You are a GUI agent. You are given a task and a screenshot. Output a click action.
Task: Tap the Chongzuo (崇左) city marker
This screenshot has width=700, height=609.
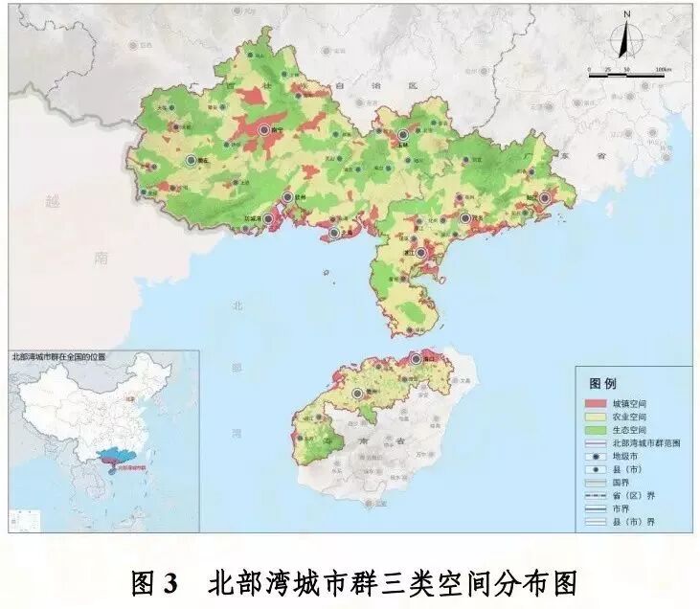pos(192,160)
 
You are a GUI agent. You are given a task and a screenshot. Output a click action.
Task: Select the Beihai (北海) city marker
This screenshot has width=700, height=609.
pos(333,232)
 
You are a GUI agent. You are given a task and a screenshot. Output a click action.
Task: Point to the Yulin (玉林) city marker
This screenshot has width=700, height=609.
pos(403,135)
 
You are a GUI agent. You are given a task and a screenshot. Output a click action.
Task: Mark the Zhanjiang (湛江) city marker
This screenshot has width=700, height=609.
pos(420,254)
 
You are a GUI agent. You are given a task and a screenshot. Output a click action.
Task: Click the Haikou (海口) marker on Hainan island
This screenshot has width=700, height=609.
pos(416,358)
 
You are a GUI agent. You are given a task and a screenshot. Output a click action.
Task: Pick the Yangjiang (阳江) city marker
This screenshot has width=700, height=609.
pos(544,198)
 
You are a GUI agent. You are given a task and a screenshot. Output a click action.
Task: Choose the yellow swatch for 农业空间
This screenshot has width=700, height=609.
pos(595,417)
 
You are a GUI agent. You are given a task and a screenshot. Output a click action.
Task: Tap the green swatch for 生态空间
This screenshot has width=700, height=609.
pos(595,430)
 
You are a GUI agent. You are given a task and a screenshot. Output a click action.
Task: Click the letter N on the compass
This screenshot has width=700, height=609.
pos(626,15)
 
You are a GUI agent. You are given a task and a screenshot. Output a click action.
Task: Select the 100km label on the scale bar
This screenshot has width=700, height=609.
pos(663,71)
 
